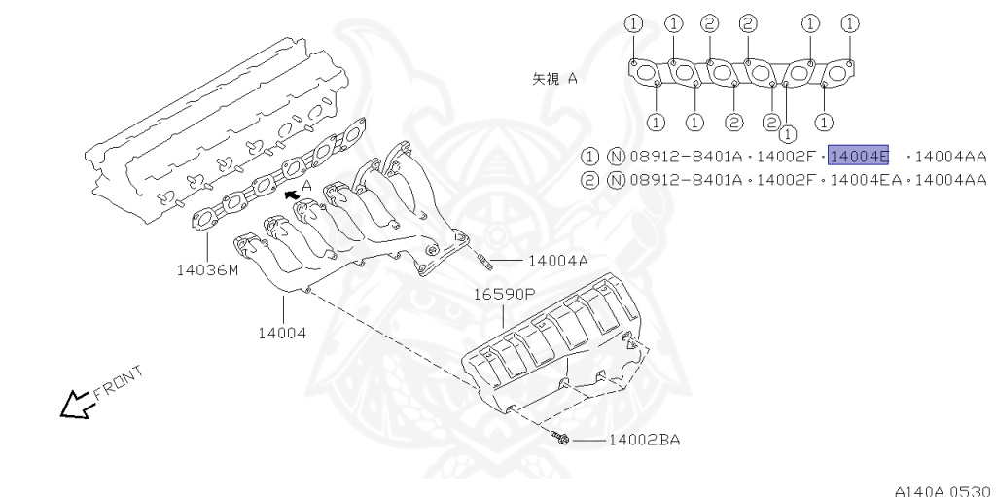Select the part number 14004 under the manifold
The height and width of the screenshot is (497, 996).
tap(282, 333)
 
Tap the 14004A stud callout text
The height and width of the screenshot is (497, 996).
tap(557, 261)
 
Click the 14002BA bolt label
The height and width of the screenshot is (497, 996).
tap(644, 441)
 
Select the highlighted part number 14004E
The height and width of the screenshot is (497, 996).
tap(858, 156)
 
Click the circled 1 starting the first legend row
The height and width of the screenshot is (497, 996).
tap(590, 156)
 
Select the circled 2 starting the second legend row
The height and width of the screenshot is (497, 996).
tap(590, 179)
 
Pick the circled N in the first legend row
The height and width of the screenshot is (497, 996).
tap(615, 156)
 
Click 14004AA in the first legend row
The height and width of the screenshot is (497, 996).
tap(951, 156)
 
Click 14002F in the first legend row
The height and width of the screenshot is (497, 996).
tap(785, 156)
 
